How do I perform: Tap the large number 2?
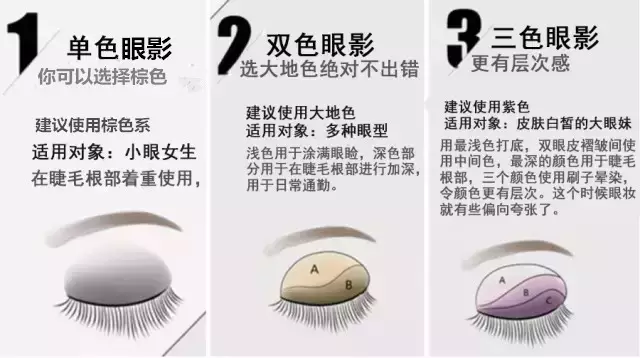click(233, 45)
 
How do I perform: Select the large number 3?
click(463, 38)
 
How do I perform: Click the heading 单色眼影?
click(119, 48)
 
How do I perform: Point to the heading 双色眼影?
click(320, 44)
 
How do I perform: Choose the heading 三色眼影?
click(545, 38)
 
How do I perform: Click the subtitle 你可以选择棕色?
click(102, 76)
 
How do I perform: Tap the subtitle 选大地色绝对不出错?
click(329, 69)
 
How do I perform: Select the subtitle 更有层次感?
click(520, 63)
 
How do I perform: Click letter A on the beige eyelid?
click(314, 269)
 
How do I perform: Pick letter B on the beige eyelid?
click(349, 285)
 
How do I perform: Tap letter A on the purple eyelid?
click(502, 280)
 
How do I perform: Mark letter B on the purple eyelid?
click(526, 293)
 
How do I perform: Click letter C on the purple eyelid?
click(549, 301)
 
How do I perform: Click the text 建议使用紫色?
click(487, 107)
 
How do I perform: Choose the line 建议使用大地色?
click(300, 112)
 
